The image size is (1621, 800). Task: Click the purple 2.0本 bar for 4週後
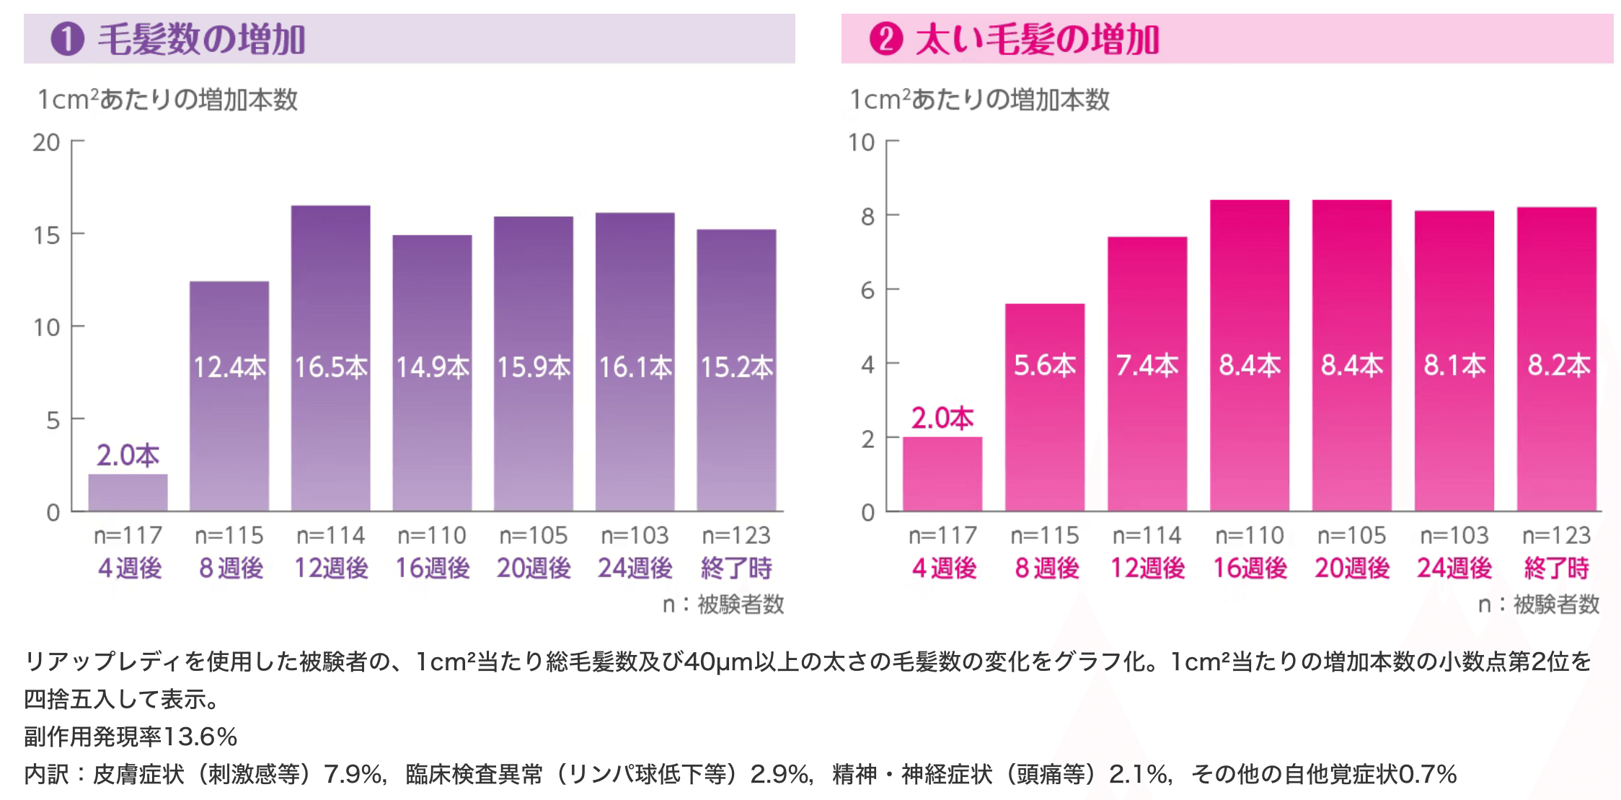(128, 492)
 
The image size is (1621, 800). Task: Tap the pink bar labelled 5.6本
(1044, 433)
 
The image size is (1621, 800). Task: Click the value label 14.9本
(432, 368)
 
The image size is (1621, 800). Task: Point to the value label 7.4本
(1147, 366)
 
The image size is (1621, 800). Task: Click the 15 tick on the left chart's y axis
(47, 235)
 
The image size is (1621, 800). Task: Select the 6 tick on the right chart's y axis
(867, 291)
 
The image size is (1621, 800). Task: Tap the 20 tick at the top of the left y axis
(47, 143)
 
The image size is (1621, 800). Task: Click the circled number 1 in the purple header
(67, 39)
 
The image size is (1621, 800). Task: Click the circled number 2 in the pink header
(885, 39)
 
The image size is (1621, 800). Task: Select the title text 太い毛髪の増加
(1037, 39)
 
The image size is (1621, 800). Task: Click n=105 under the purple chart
(533, 535)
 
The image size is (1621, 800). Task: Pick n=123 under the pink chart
(1556, 535)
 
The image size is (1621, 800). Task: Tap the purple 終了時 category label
(736, 568)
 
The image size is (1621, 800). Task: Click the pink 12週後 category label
(1147, 568)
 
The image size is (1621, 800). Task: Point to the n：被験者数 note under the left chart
(723, 604)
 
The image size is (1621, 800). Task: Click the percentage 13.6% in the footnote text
(200, 737)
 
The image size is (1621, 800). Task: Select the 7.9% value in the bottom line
(353, 774)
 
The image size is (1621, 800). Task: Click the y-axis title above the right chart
(979, 100)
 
